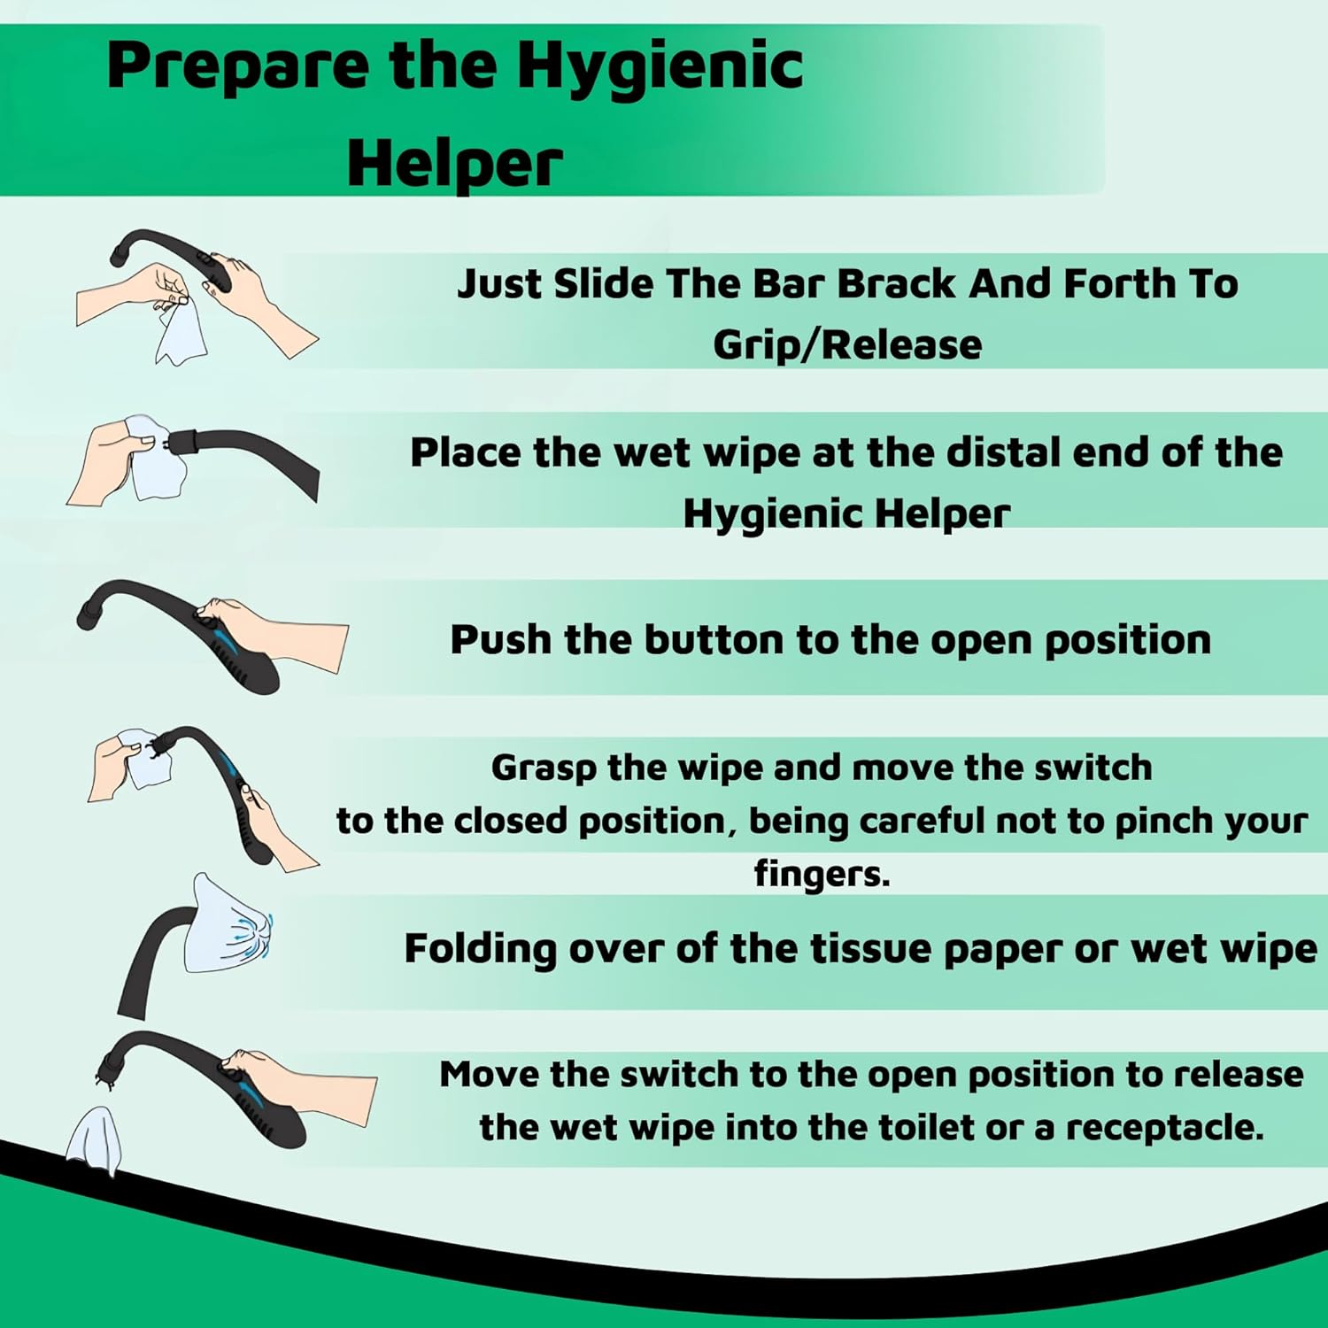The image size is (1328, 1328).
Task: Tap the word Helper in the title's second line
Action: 454,165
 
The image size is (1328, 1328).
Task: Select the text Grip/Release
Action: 847,344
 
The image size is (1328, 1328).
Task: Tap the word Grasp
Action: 544,768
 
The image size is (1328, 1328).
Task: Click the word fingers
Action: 821,874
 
